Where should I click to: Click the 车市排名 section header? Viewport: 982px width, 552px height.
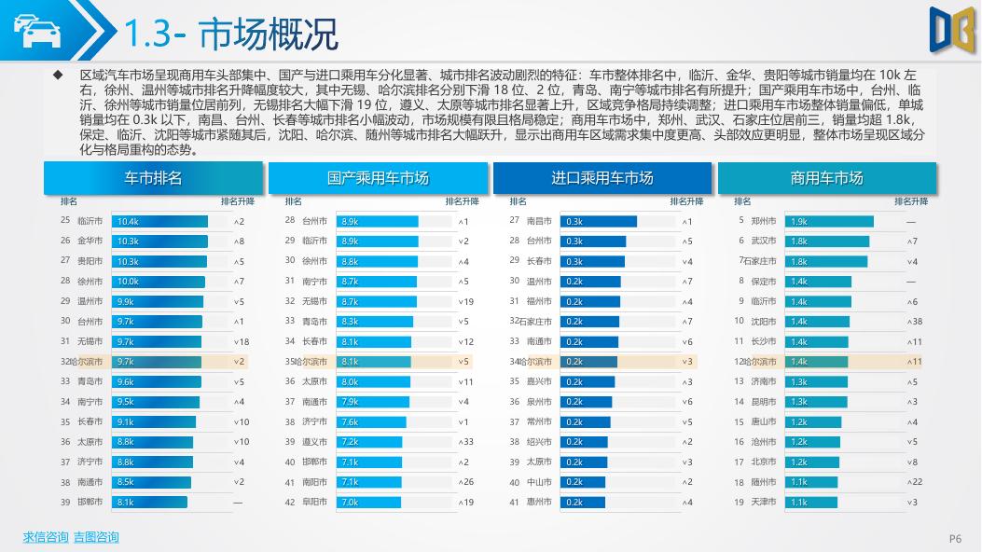[153, 178]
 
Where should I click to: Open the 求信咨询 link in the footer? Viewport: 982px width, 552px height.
[46, 537]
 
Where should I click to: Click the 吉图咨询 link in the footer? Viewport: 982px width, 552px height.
[96, 537]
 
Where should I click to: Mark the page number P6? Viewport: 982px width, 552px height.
[955, 538]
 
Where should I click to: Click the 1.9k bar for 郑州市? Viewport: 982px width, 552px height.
[830, 221]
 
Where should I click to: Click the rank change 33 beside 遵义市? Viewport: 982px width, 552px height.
[463, 442]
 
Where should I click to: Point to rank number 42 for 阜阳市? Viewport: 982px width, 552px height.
[290, 502]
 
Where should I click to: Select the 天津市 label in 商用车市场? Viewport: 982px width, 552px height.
[764, 502]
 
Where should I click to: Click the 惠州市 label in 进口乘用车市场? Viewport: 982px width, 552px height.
[539, 502]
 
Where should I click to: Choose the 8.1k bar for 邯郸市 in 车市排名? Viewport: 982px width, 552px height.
[149, 502]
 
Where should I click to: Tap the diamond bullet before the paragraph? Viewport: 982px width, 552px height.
[58, 74]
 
